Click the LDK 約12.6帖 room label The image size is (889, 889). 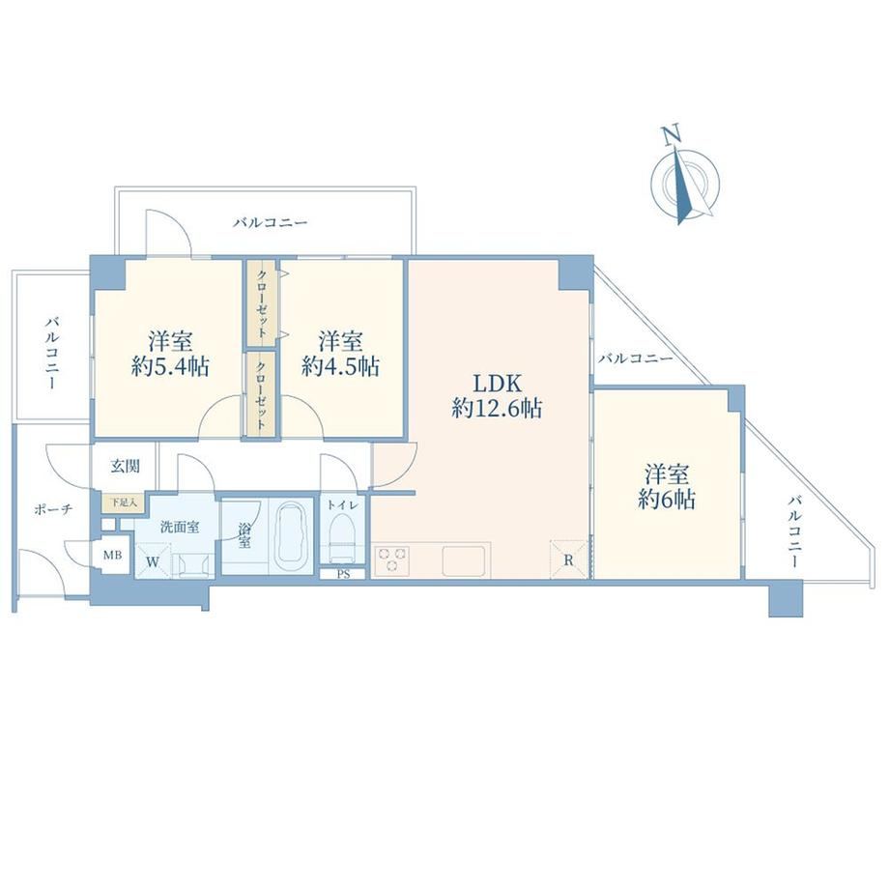(497, 396)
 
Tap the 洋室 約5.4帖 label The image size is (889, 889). (171, 354)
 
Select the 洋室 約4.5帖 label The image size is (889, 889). (340, 354)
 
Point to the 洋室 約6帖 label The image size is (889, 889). (667, 486)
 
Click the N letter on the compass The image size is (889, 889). (672, 135)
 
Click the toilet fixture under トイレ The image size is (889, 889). (342, 537)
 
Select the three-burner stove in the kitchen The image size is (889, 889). (390, 559)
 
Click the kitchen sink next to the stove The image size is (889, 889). (463, 560)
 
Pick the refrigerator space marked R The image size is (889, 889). (568, 559)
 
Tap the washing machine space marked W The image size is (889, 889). (153, 560)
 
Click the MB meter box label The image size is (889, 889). (112, 555)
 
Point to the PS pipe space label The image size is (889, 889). (343, 574)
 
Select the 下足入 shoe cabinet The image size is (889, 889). (124, 502)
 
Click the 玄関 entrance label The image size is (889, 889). (125, 466)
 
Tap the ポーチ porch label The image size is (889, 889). (53, 509)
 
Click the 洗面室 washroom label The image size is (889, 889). (180, 527)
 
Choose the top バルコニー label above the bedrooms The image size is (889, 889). (270, 222)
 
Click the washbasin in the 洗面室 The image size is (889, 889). (193, 565)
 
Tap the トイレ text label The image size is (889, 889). (342, 504)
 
